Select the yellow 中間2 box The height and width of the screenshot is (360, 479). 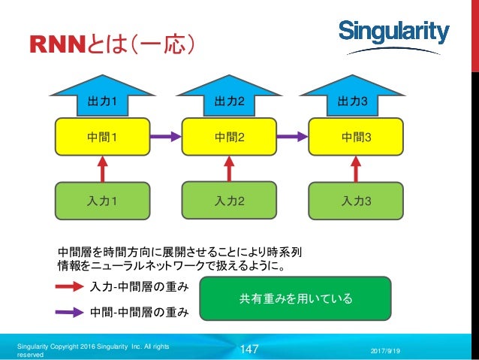tap(230, 137)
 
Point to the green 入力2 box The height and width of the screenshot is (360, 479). tap(230, 201)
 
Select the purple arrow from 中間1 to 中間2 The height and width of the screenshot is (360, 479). tap(167, 137)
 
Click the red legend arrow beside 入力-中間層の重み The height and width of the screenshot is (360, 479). tap(70, 286)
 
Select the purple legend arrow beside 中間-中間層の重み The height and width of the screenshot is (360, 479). tap(70, 309)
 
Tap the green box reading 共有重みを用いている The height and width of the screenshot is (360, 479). tap(296, 299)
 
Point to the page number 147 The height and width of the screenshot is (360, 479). tap(249, 349)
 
